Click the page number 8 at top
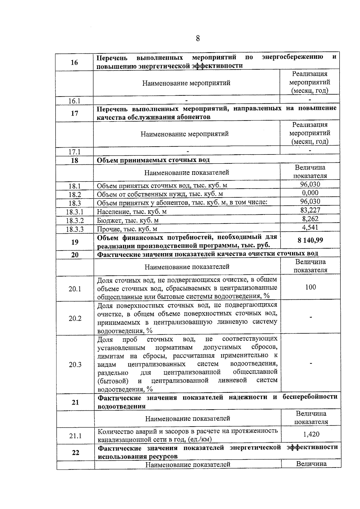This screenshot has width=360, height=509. [x=198, y=38]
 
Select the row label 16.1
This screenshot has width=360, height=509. [x=74, y=101]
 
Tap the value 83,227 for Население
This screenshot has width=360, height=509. [x=310, y=210]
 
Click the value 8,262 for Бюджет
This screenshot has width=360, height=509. [x=310, y=219]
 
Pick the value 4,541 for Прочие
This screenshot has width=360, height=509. [x=310, y=227]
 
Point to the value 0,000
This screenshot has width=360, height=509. [x=310, y=193]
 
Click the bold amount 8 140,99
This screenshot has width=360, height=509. [x=310, y=241]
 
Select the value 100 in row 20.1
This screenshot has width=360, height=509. [x=310, y=287]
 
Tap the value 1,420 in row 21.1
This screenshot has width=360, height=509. [x=311, y=434]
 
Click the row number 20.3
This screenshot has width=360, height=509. [x=75, y=364]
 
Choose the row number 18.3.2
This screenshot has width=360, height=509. [x=75, y=221]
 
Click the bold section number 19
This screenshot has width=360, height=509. [x=75, y=242]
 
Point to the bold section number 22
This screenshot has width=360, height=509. [x=76, y=452]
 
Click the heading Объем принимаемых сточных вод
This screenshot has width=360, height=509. [x=153, y=160]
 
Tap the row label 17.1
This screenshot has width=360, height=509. [x=74, y=152]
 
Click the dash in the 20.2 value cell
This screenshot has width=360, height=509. [x=311, y=317]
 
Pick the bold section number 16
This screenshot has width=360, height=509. [x=74, y=62]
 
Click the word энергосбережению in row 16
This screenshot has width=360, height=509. [x=292, y=57]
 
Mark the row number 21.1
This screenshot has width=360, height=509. [x=75, y=436]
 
